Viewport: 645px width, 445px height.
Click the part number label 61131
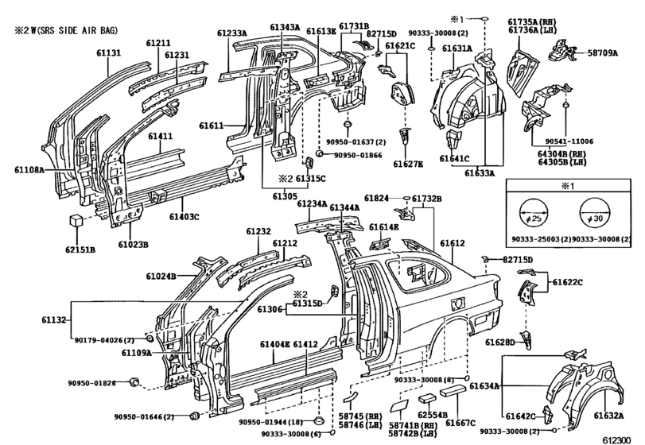(x=109, y=52)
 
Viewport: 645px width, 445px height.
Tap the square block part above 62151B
(x=76, y=220)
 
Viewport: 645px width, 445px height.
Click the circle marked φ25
(x=534, y=212)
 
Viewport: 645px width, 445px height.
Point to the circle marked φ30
(x=594, y=212)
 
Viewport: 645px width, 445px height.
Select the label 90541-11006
(x=569, y=141)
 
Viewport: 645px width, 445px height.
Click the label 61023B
(x=134, y=245)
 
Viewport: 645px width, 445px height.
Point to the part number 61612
(x=453, y=243)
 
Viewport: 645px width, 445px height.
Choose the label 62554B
(x=433, y=416)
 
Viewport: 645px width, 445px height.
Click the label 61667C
(x=460, y=423)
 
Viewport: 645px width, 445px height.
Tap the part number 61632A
(x=608, y=416)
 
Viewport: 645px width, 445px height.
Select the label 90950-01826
(x=91, y=383)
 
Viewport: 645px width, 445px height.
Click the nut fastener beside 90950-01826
(x=134, y=382)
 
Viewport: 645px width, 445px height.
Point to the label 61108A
(x=29, y=169)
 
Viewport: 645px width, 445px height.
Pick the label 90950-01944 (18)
(x=270, y=422)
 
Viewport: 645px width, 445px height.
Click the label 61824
(x=376, y=199)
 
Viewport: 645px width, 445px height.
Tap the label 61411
(x=161, y=137)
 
